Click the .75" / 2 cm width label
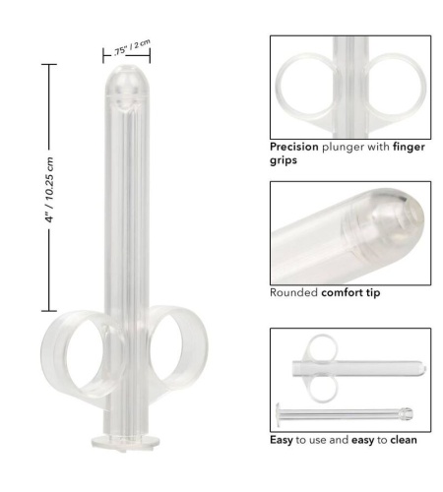point(132,48)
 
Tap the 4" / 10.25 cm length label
point(49,190)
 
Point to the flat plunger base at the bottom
point(126,441)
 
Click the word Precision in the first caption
point(294,147)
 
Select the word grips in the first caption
point(284,160)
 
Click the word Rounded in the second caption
point(293,292)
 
